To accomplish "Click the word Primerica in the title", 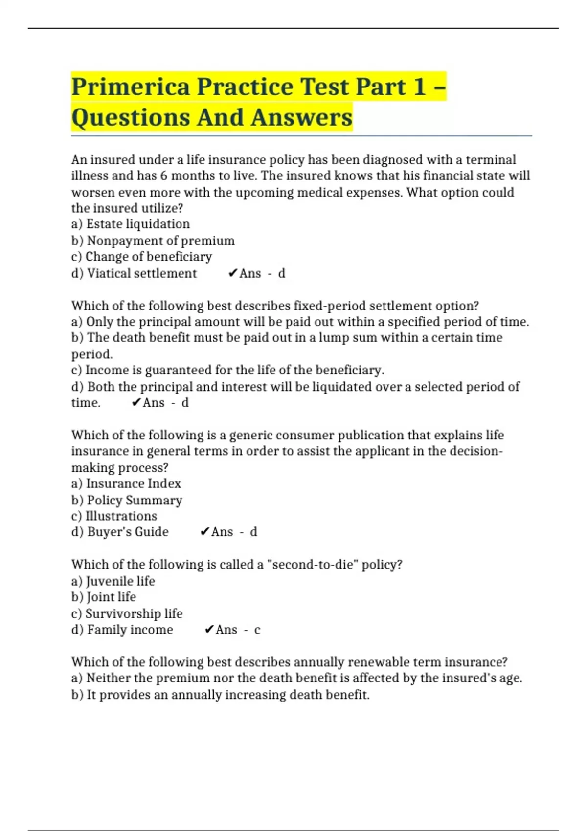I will click(x=130, y=87).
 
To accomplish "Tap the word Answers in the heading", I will click(x=301, y=117).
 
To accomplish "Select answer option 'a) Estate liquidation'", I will click(x=131, y=224).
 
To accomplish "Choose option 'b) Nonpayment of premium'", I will click(x=153, y=241).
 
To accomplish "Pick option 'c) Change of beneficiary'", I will click(x=142, y=257).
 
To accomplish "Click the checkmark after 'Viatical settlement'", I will click(x=232, y=273).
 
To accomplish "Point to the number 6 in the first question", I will click(x=164, y=176).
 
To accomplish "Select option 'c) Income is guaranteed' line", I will click(x=227, y=370).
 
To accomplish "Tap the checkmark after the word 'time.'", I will click(x=136, y=403).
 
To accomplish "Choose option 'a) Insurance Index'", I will click(x=126, y=483).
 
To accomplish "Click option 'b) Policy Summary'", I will click(x=127, y=500).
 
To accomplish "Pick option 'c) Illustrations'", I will click(x=114, y=516).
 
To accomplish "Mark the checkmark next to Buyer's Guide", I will click(x=205, y=532).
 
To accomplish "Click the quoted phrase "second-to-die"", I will click(x=313, y=565).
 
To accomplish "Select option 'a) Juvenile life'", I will click(x=113, y=581).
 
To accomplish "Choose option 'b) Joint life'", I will click(x=104, y=597).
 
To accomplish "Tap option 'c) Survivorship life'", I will click(x=127, y=613).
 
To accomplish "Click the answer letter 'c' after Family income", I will click(x=257, y=630).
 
